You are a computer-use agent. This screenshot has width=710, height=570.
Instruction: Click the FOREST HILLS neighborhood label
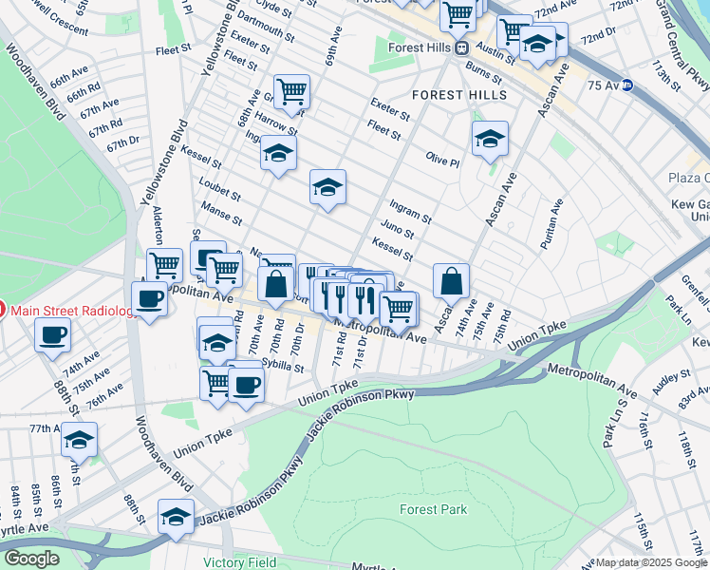(458, 95)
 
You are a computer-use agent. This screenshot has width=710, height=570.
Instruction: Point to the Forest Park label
(433, 510)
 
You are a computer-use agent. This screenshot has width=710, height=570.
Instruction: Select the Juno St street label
(397, 231)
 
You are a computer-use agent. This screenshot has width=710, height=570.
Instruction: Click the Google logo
(31, 559)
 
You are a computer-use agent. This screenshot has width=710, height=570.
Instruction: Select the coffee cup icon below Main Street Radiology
(52, 334)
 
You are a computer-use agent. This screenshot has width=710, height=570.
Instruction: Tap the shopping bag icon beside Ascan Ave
(451, 280)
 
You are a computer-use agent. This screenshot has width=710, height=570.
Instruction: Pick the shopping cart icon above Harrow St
(291, 91)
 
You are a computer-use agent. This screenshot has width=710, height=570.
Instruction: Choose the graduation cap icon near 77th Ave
(80, 440)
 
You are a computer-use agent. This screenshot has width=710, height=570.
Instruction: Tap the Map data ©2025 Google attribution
(652, 562)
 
